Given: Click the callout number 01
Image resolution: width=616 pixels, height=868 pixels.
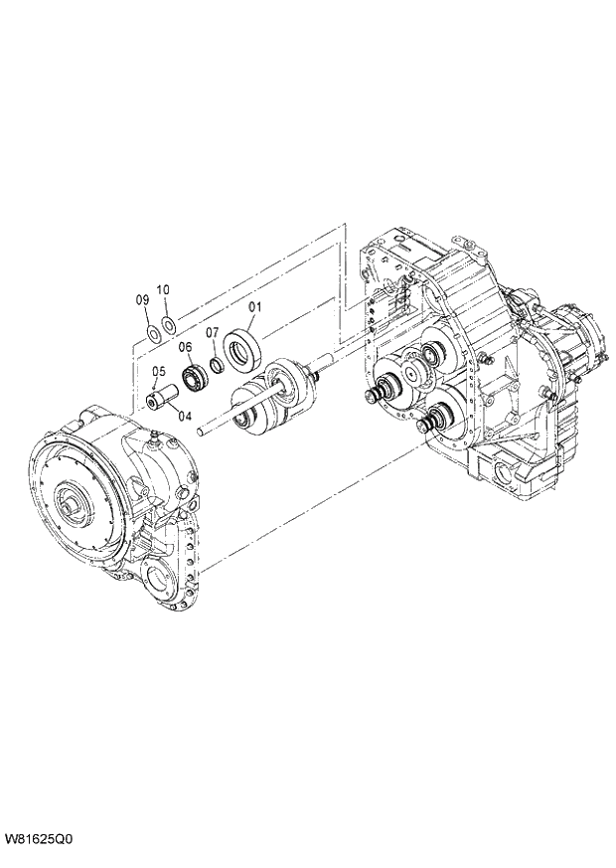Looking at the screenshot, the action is click(x=254, y=306).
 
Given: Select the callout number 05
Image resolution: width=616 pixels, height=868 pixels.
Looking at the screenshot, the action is click(x=159, y=371).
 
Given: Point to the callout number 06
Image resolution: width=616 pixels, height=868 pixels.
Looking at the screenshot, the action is click(x=185, y=347).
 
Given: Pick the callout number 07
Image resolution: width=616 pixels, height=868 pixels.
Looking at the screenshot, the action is click(x=213, y=332).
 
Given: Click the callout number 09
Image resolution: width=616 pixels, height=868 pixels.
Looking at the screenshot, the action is click(x=143, y=299).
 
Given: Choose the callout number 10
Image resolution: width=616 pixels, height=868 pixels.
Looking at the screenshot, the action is click(x=163, y=289).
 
